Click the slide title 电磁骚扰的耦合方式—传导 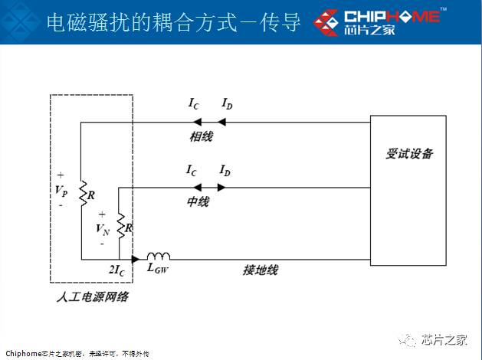tap(173, 21)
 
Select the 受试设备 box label tap(408, 154)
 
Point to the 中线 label tap(198, 203)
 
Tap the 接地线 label tap(260, 270)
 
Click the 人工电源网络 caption tap(92, 297)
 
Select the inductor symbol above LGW tap(159, 257)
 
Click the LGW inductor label tap(158, 269)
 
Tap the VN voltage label tap(103, 228)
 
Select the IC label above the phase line tap(195, 103)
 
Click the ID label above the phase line tap(228, 103)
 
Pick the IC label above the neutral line tap(192, 169)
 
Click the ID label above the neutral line tap(225, 169)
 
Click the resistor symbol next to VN tap(121, 227)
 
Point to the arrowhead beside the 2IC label tap(136, 260)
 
